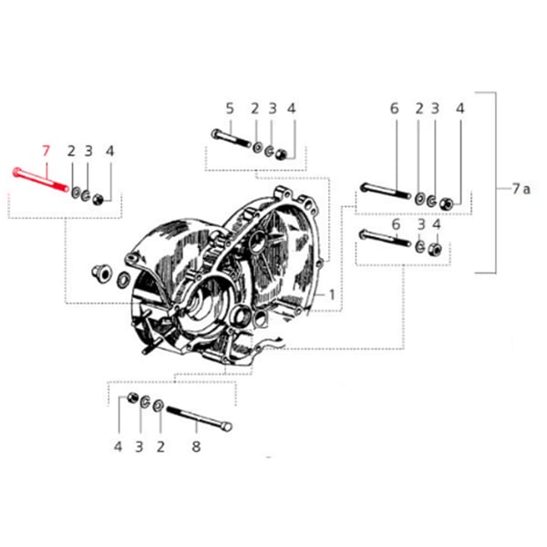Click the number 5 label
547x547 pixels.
[x=230, y=108]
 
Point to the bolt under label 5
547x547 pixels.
[x=230, y=139]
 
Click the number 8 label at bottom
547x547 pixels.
[x=195, y=447]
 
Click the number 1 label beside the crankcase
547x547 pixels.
[x=332, y=294]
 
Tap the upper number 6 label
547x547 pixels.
[x=395, y=108]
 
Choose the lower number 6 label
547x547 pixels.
[x=395, y=224]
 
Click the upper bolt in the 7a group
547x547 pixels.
[x=387, y=191]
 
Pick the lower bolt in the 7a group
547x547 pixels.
[x=387, y=240]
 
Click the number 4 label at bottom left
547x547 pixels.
[x=118, y=447]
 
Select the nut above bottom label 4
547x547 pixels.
[x=133, y=397]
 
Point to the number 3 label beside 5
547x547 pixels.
[x=272, y=108]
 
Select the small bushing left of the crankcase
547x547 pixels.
[x=102, y=272]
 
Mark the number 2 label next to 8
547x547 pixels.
[x=160, y=447]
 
